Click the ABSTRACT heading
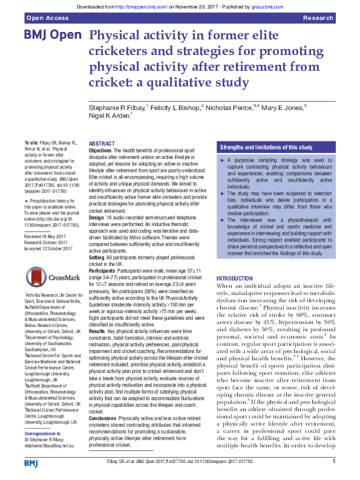coord(102,143)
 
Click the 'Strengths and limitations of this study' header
coord(266,147)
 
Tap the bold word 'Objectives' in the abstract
coord(100,150)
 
